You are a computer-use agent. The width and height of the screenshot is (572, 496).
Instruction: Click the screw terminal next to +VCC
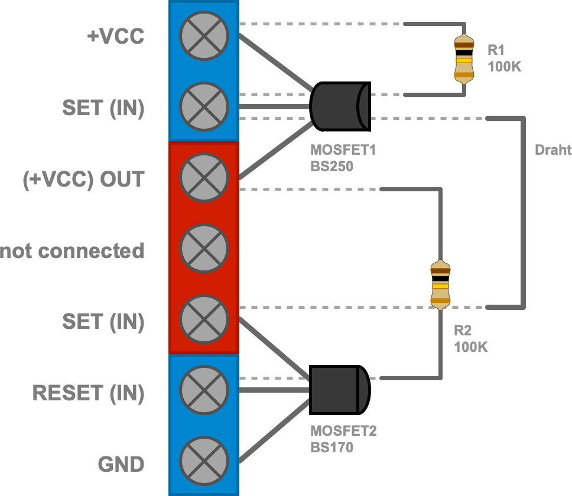click(x=204, y=36)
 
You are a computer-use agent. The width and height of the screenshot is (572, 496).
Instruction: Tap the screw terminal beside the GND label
click(x=204, y=461)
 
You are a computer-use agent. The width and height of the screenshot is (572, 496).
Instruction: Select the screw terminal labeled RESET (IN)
click(x=204, y=390)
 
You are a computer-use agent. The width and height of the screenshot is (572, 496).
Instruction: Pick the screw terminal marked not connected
click(x=204, y=249)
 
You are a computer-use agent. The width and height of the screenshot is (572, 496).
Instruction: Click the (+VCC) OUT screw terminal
click(x=204, y=178)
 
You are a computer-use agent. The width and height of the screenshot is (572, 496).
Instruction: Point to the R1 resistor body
click(x=464, y=59)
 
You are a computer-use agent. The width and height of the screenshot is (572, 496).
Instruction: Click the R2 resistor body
click(x=440, y=285)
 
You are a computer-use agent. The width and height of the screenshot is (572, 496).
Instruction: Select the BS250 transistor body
click(x=339, y=106)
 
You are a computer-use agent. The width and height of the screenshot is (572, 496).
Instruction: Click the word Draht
click(x=553, y=150)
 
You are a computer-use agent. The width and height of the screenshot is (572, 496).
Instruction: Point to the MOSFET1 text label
click(x=343, y=151)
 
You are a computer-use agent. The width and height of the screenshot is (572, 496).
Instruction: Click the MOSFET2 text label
click(x=343, y=432)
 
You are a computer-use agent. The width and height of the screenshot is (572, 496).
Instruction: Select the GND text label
click(x=121, y=464)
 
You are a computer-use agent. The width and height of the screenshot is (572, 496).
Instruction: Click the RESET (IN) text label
click(x=88, y=393)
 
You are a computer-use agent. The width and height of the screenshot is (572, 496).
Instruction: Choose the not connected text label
click(x=72, y=251)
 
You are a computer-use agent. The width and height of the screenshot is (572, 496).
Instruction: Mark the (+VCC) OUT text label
click(x=83, y=180)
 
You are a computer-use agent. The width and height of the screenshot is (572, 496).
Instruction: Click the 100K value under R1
click(x=505, y=66)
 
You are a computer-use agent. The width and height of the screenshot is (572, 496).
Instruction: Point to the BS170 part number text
click(x=331, y=448)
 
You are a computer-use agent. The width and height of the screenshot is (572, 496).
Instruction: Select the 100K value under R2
click(x=470, y=347)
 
